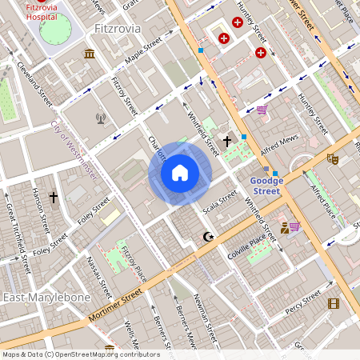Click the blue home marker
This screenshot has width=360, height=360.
pos(180,172)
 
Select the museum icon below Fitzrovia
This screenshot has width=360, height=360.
pos(89,54)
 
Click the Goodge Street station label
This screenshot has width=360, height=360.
pos(265,186)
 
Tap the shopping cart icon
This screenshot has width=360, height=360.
pos(262,110)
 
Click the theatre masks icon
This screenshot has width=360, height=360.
pos(333,159)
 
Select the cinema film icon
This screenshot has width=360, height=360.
pos(333,303)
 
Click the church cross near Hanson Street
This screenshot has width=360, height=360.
pos(54,197)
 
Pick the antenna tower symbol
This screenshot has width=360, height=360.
pos(101,119)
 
